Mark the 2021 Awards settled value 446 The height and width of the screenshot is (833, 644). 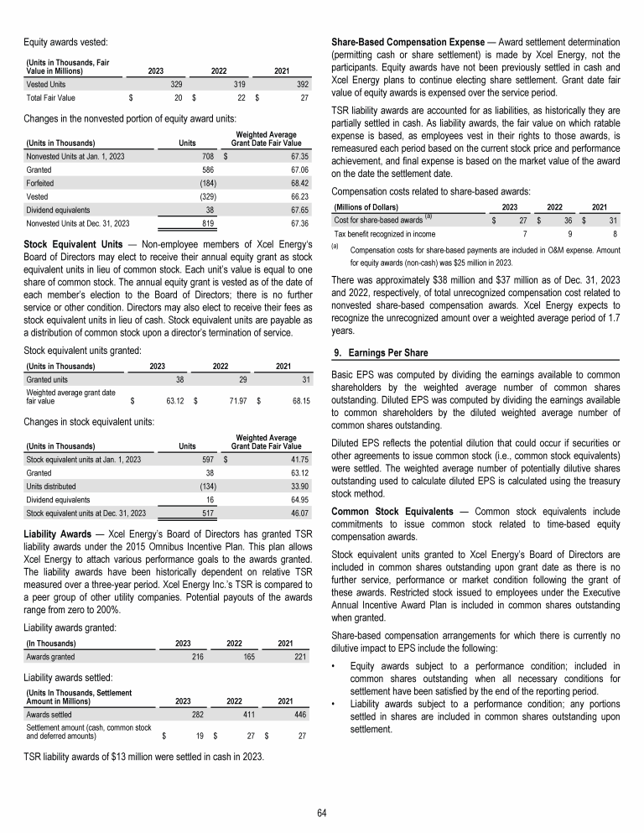(x=300, y=714)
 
